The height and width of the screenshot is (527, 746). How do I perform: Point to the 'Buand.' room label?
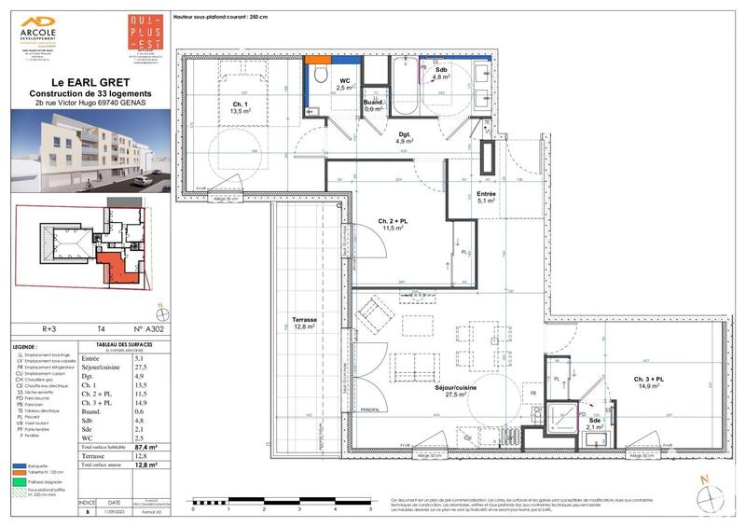[x=375, y=103]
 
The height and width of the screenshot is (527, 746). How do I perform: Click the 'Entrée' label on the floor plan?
[x=490, y=194]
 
